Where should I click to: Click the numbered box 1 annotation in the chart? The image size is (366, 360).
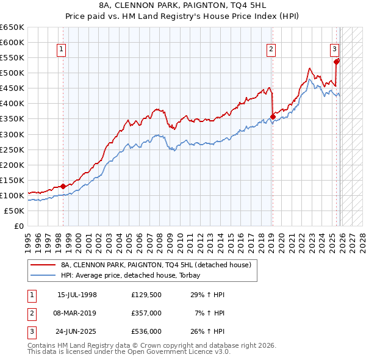(x=62, y=51)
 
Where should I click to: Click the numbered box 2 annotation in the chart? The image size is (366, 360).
(x=271, y=51)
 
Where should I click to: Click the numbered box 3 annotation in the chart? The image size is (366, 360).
(x=335, y=51)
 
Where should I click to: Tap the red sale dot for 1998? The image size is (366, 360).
(x=63, y=186)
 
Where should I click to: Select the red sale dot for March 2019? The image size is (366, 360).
(x=272, y=117)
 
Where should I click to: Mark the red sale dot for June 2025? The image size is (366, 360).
(x=336, y=62)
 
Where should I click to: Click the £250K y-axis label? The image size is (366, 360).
(x=12, y=149)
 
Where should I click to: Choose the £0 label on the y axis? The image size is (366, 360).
(x=18, y=226)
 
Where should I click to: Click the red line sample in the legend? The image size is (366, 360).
(x=43, y=265)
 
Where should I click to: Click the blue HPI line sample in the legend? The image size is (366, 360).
(x=43, y=275)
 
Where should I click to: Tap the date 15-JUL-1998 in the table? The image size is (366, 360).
(x=77, y=295)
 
